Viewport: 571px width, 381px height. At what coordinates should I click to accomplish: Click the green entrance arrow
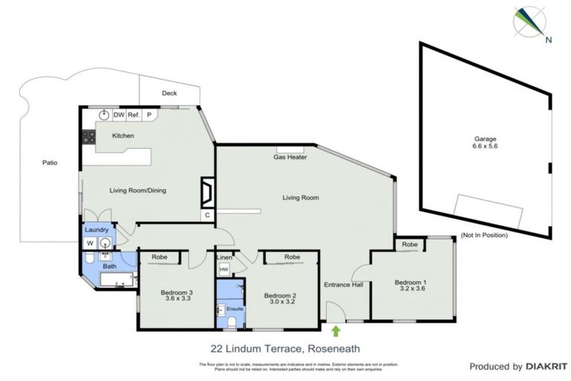(x=335, y=330)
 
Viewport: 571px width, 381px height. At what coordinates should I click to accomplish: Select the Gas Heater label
(x=291, y=157)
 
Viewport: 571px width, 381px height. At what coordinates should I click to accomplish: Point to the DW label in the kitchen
(x=118, y=115)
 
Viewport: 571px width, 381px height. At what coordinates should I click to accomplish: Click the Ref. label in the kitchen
(x=134, y=115)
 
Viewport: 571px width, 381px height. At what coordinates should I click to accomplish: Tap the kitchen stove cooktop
(x=86, y=137)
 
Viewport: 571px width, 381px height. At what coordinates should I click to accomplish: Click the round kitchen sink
(x=104, y=115)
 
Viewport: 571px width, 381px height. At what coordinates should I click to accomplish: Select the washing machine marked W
(x=91, y=243)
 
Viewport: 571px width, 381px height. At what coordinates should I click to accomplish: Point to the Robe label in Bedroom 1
(x=409, y=245)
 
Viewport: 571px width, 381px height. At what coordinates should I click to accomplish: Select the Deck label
(x=170, y=94)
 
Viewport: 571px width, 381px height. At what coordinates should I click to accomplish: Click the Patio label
(x=50, y=162)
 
